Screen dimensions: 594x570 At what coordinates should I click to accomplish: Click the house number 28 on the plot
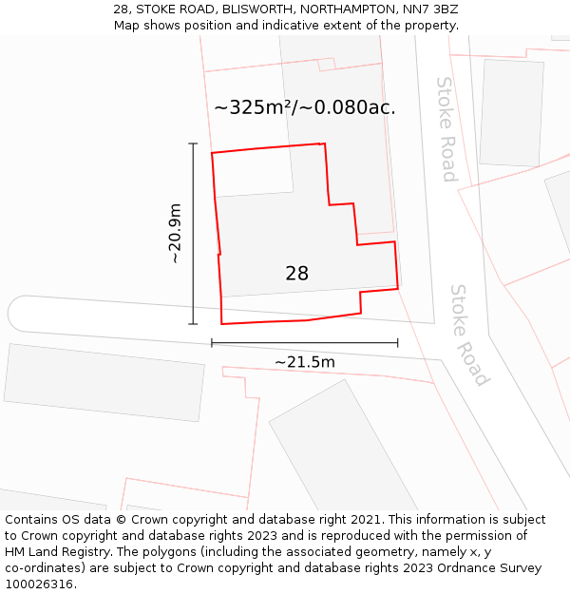tap(296, 274)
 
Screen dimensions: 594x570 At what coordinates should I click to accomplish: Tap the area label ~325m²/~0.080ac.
tap(304, 107)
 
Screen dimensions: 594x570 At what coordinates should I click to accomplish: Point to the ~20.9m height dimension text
tap(175, 234)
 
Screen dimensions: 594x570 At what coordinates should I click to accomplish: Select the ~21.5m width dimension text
tap(304, 362)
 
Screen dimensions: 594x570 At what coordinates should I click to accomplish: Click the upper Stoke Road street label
tap(446, 128)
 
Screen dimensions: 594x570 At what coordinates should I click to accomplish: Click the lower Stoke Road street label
tap(469, 335)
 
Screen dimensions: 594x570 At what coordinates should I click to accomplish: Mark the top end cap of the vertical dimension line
tap(193, 144)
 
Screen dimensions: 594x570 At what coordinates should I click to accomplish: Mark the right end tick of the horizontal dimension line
tap(397, 343)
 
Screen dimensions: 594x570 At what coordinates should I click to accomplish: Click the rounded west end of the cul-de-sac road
tap(19, 314)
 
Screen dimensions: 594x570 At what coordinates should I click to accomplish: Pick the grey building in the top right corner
tap(511, 112)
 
